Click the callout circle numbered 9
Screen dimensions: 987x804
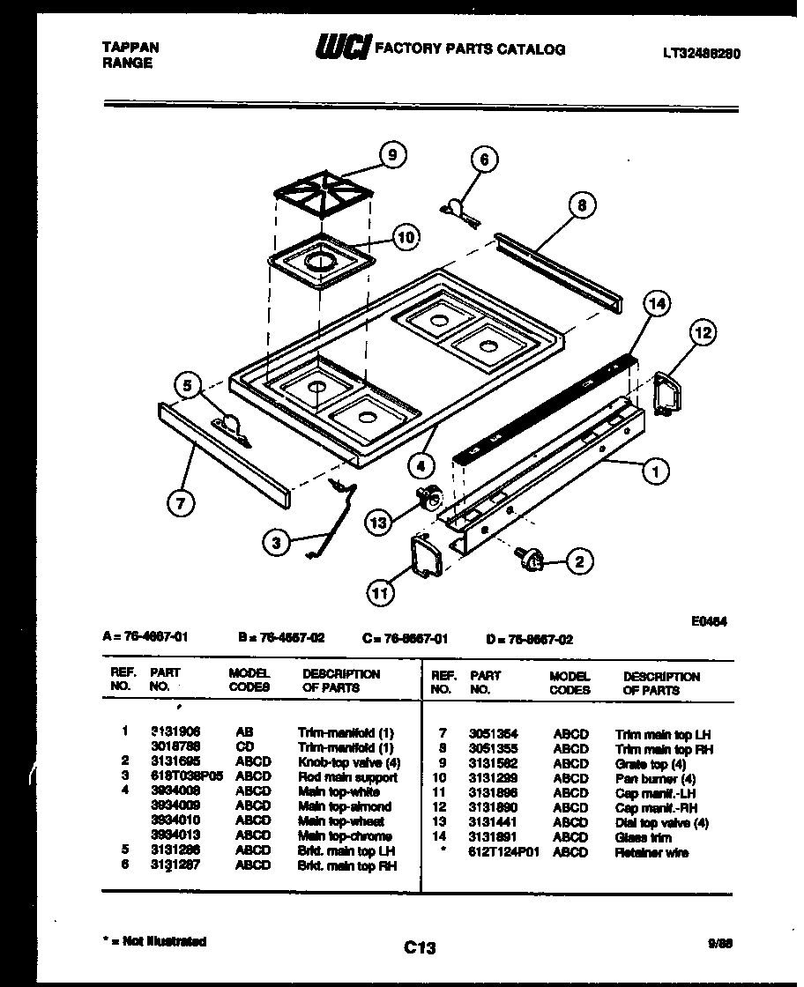pos(392,155)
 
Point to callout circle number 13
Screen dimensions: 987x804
pos(377,523)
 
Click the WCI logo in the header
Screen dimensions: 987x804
pos(342,50)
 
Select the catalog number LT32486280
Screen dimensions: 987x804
pos(701,53)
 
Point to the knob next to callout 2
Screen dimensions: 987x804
pos(532,556)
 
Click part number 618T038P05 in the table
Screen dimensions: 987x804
pos(186,777)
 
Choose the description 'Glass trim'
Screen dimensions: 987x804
pos(643,837)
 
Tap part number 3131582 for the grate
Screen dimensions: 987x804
pos(493,763)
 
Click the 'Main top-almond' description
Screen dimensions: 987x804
pos(344,806)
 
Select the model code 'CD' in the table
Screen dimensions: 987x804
pos(244,747)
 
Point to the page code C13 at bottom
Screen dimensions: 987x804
pos(420,948)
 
